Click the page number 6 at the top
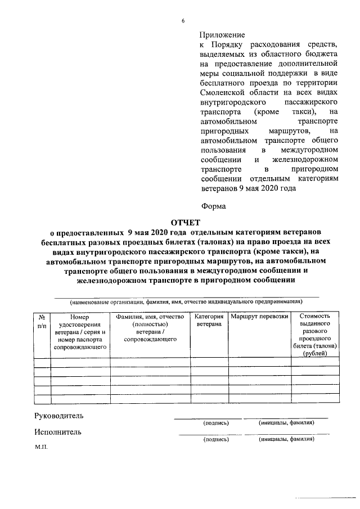coord(183,21)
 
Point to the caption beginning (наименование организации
coord(186,301)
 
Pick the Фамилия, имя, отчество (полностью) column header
coord(150,321)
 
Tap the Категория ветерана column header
coord(209,321)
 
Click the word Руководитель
coord(58,416)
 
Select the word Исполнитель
coord(57,432)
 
